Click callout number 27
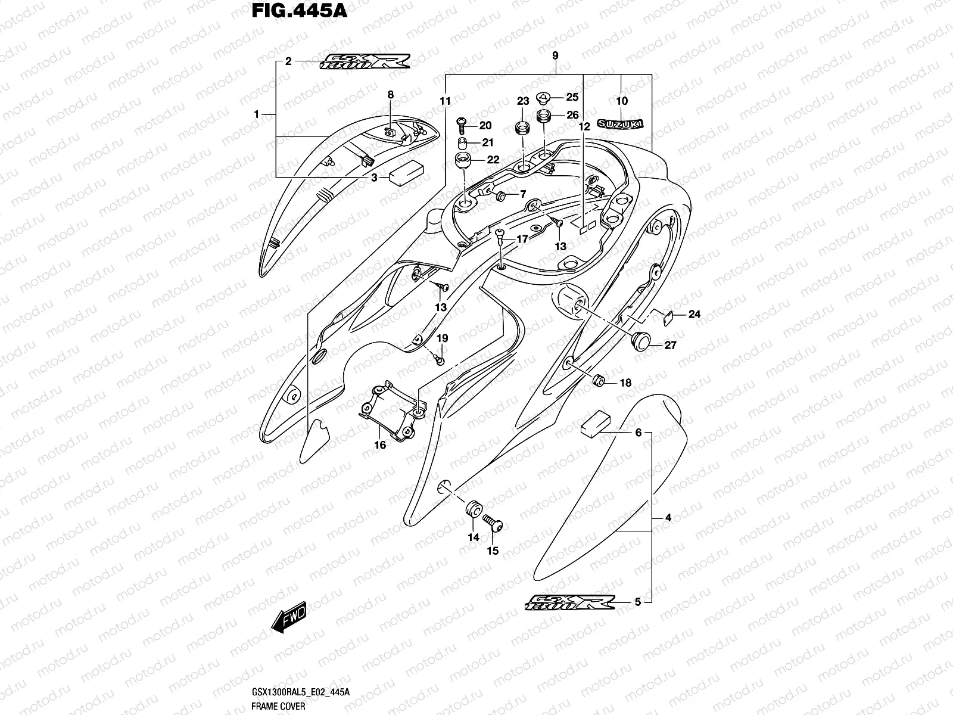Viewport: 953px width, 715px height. click(670, 345)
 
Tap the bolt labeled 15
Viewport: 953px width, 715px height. click(493, 524)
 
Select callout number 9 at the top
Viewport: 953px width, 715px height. click(555, 55)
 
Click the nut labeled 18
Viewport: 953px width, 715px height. click(600, 381)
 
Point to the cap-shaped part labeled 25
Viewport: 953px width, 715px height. click(543, 97)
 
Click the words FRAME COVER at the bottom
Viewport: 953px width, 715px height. click(278, 706)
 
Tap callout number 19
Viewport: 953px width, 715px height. click(442, 338)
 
